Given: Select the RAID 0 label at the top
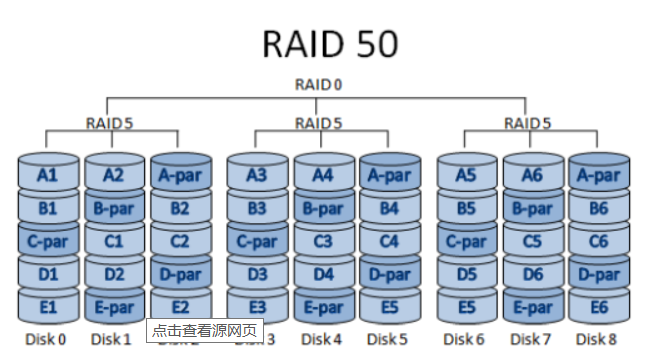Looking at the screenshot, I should point(318,84).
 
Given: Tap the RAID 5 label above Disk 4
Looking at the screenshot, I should point(319,122).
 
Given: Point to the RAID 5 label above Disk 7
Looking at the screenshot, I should point(528,122).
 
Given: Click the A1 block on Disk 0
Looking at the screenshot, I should point(47,175).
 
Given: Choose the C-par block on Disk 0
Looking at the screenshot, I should point(47,241).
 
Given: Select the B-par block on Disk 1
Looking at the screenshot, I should point(113,208).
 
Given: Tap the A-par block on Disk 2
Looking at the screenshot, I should point(179,175).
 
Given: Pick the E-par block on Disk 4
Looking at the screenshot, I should point(321,306).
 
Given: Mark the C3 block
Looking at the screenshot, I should point(321,241).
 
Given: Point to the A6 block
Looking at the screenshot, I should point(532,175).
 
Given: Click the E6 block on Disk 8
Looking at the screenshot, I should point(597,306).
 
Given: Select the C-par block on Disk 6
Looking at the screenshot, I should point(466,241).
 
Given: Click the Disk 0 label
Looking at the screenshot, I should point(45,339).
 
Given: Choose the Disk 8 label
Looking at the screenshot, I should point(597,339).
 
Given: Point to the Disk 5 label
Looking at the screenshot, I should point(387,339).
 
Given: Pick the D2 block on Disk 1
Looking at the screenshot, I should point(113,273).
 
